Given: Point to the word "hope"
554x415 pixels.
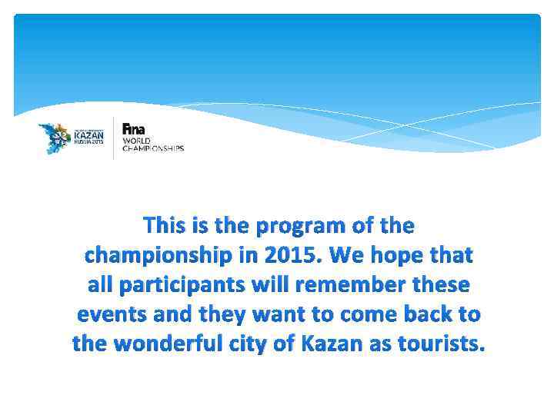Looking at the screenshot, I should pyautogui.click(x=403, y=255).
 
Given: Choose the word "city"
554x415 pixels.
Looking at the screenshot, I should pyautogui.click(x=259, y=344).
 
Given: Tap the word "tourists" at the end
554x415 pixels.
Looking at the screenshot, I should pyautogui.click(x=443, y=344).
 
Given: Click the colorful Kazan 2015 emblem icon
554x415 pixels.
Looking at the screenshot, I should pyautogui.click(x=55, y=138).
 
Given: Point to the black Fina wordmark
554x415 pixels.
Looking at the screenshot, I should pyautogui.click(x=133, y=129).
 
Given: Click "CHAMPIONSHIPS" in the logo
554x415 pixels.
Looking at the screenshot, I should pyautogui.click(x=153, y=148).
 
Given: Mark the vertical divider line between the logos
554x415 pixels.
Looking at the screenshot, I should pyautogui.click(x=114, y=138).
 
